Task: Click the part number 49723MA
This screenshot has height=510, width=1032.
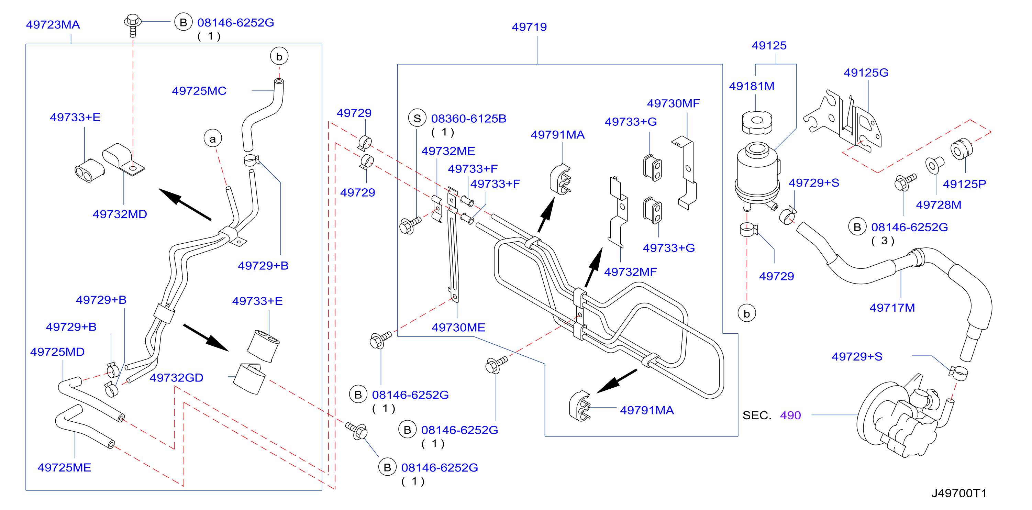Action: (x=53, y=25)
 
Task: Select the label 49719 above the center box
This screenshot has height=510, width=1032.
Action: (x=529, y=27)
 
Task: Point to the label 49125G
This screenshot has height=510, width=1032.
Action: (x=866, y=73)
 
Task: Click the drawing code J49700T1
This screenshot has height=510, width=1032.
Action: (x=959, y=493)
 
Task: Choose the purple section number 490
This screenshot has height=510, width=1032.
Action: (x=790, y=415)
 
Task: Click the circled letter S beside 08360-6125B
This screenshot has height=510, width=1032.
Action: (x=417, y=118)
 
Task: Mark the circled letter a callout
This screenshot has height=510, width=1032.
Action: (x=212, y=138)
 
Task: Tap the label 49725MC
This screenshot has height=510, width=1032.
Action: (x=199, y=91)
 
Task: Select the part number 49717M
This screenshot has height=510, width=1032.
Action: (x=892, y=308)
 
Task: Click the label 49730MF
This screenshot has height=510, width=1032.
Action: (x=673, y=103)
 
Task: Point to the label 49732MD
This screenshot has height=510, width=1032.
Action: (x=120, y=214)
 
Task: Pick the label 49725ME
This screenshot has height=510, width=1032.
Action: (x=64, y=467)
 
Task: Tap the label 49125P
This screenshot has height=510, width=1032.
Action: (x=964, y=184)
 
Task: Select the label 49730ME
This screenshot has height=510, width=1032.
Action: (x=458, y=328)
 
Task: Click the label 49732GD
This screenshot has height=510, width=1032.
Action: (x=176, y=378)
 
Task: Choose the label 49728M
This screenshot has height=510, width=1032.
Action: (x=938, y=205)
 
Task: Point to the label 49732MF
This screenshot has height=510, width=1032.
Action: (x=630, y=272)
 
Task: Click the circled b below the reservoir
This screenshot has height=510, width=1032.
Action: (x=746, y=313)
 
